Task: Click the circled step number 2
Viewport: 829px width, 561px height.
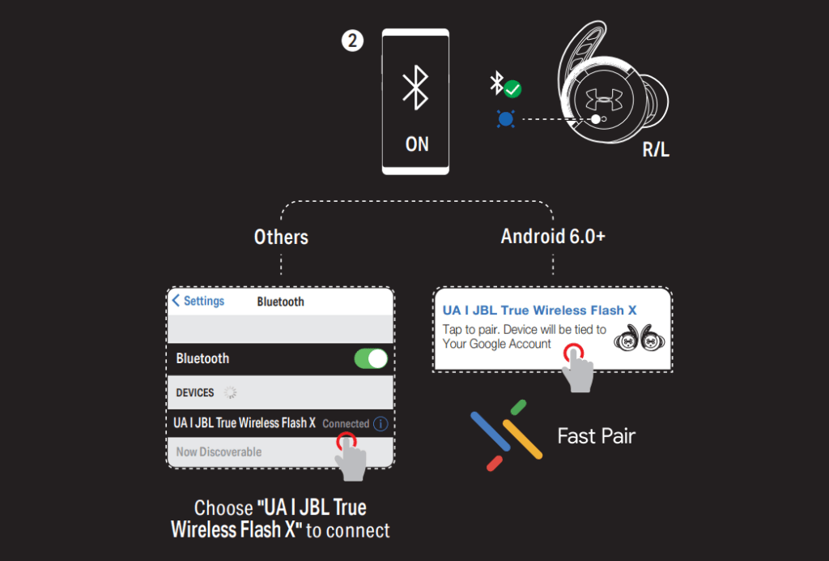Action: coord(353,41)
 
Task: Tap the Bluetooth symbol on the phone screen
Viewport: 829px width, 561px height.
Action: coord(415,88)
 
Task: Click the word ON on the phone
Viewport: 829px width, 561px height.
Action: coord(417,144)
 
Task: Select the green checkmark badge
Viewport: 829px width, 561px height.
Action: coord(512,89)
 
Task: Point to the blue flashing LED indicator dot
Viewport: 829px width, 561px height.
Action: coord(506,119)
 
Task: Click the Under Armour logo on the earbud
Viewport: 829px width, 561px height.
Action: coord(604,99)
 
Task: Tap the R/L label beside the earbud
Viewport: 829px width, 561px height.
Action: coord(656,150)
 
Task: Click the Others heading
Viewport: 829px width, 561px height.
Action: coord(281,237)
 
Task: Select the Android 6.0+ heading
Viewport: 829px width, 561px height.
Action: coord(553,237)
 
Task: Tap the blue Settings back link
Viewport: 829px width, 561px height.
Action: coord(198,301)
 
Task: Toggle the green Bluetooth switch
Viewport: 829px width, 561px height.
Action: coord(371,358)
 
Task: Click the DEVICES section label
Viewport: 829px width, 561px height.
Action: coord(194,392)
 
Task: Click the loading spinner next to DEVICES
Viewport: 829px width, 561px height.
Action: coord(230,392)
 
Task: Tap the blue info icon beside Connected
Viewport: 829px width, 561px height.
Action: coord(380,423)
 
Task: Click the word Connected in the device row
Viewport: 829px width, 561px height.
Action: coord(346,424)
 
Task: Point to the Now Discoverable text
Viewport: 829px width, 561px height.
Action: coord(219,452)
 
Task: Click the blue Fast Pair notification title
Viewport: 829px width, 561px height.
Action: coord(539,310)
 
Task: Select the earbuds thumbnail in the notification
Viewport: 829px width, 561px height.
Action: coord(640,337)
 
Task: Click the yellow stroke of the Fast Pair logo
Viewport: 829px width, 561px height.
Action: coord(522,439)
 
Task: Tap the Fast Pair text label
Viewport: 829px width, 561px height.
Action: coord(597,436)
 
